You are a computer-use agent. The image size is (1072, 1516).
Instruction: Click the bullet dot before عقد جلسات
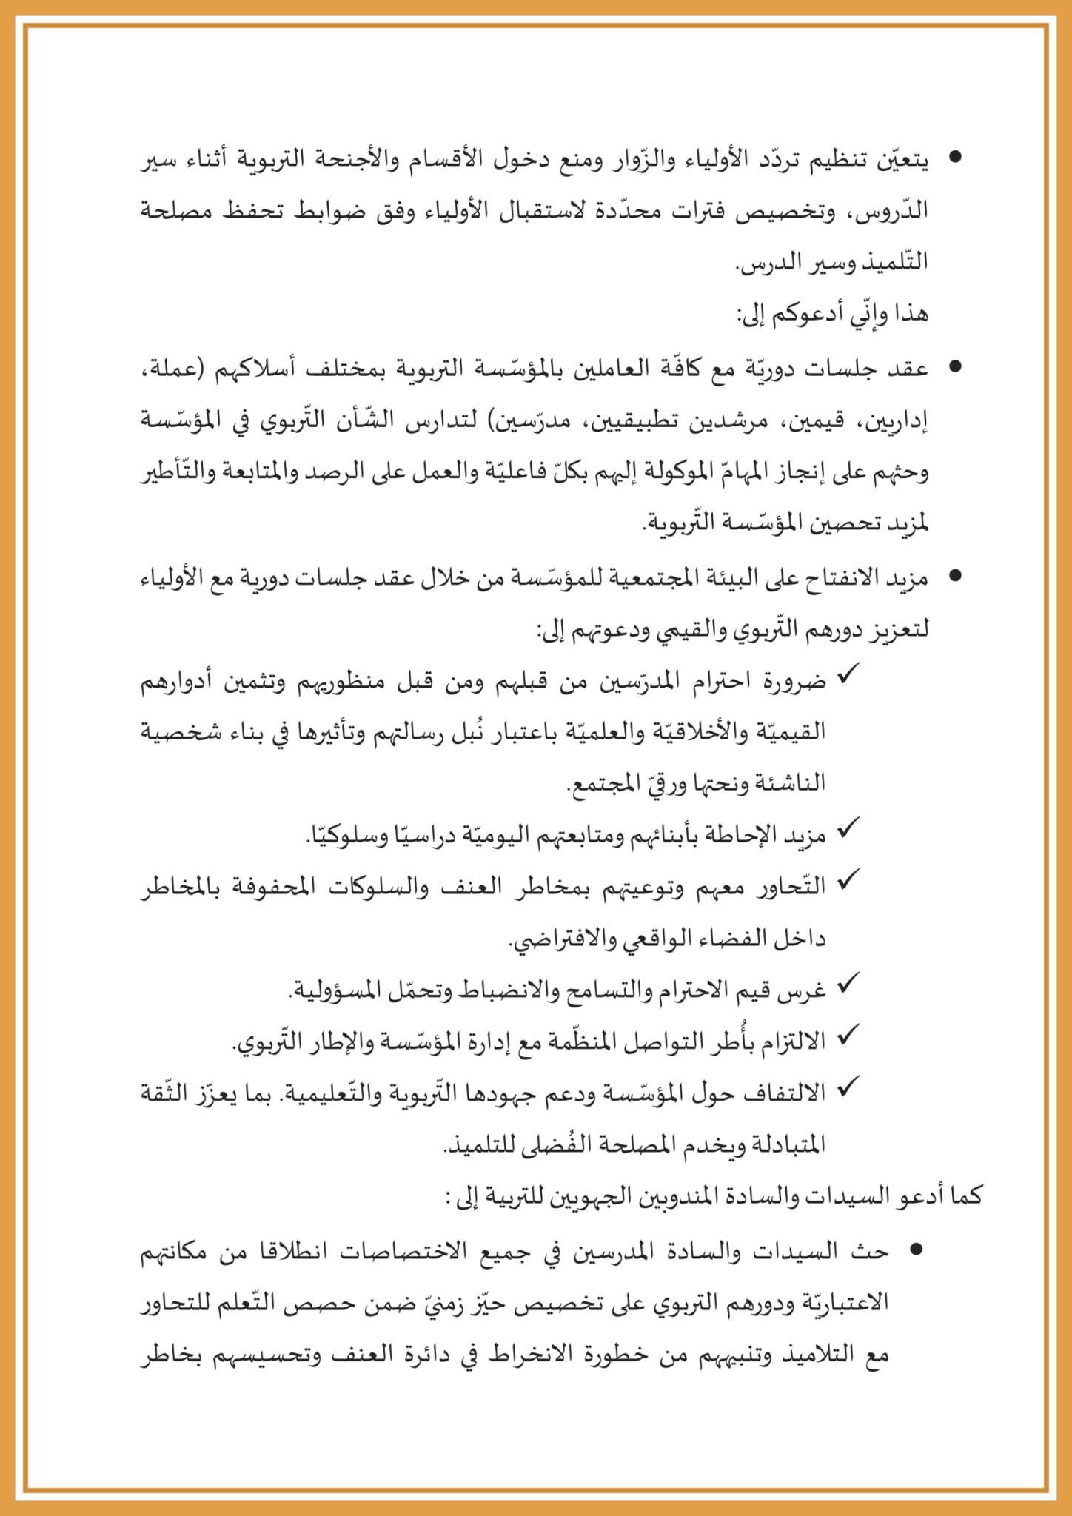coord(955,366)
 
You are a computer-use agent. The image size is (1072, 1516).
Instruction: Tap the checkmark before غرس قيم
coord(846,985)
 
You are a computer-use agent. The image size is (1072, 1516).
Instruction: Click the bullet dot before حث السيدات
coord(916,1249)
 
